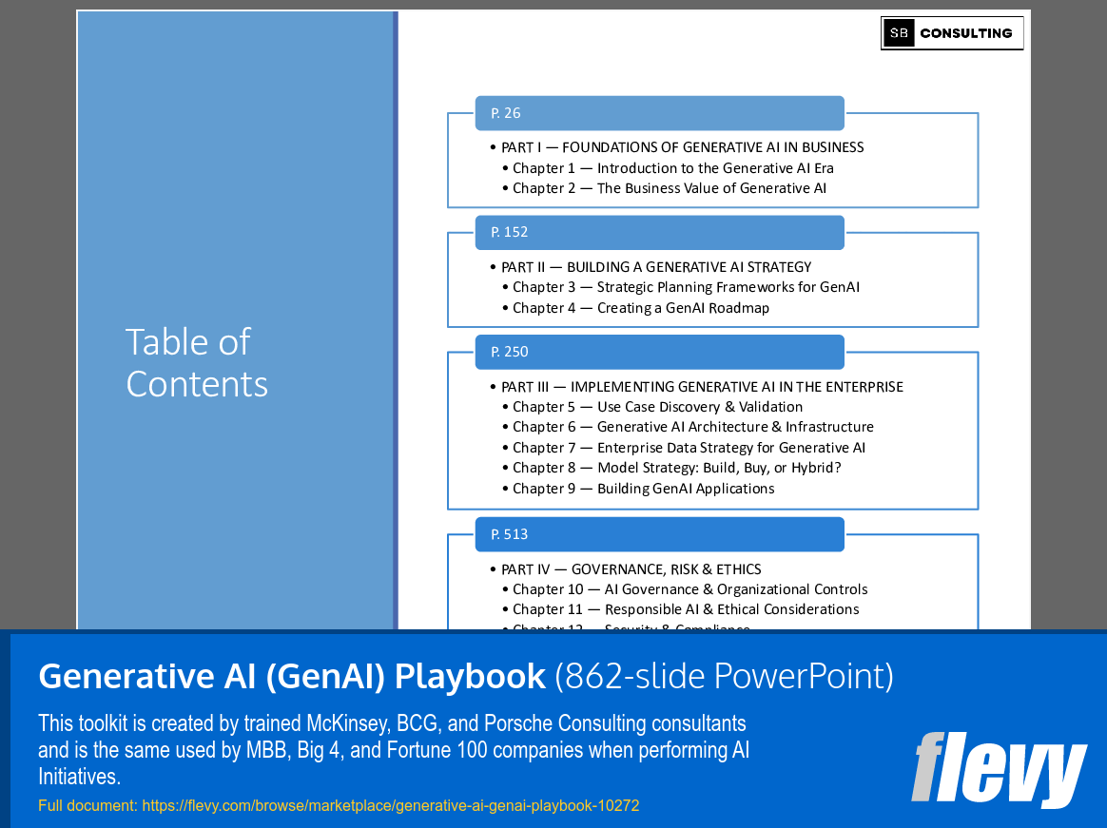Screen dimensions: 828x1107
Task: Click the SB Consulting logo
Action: coord(952,33)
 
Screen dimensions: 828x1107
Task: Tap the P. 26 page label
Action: coord(506,113)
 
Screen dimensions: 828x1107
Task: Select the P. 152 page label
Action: coord(510,232)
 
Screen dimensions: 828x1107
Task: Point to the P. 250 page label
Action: coord(510,352)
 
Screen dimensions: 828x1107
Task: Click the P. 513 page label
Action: coord(510,534)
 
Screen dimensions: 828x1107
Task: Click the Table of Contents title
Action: coord(197,362)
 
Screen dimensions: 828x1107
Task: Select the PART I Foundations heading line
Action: coord(682,147)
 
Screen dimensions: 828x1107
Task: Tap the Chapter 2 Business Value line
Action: coord(669,188)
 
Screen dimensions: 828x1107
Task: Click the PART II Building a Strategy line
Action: coord(656,267)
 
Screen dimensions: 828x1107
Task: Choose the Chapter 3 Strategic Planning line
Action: coord(686,287)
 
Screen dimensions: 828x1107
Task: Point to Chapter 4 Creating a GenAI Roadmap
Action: coord(640,308)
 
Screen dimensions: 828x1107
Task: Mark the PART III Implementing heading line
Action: coord(702,387)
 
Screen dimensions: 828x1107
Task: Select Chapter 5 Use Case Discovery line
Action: coord(657,407)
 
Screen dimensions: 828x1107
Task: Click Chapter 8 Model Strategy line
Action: coord(676,468)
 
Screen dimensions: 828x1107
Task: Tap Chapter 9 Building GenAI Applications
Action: coord(643,489)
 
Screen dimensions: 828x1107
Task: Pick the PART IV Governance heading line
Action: coord(631,569)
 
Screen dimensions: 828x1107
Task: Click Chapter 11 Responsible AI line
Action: coord(685,609)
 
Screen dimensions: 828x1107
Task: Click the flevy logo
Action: coord(998,769)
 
